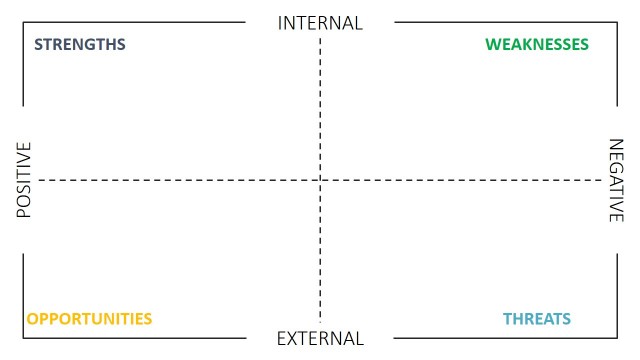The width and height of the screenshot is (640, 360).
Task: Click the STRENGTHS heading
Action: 80,45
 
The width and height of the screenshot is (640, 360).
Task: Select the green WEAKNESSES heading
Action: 537,45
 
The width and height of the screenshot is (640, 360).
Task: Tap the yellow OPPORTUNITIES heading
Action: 89,319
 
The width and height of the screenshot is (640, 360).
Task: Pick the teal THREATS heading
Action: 537,319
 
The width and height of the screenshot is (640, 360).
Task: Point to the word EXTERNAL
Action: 320,339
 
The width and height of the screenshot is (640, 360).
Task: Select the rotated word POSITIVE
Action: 25,181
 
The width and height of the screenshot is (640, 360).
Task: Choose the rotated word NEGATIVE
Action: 617,181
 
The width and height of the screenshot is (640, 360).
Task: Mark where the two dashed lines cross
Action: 320,180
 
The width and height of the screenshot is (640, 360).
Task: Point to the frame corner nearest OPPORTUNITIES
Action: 23,339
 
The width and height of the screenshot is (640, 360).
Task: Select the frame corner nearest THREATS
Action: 617,339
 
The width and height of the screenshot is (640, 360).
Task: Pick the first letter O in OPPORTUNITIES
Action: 32,319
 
